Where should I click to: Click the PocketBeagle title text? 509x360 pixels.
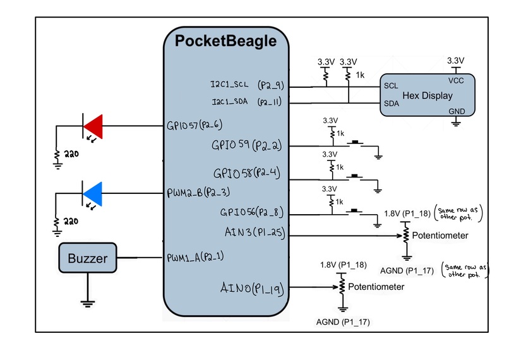pos(225,42)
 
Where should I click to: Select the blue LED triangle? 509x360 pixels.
pos(93,192)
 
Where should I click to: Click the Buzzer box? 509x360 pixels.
pos(88,258)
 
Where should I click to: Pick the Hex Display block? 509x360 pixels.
pos(428,96)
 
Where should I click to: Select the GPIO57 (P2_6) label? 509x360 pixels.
pos(195,125)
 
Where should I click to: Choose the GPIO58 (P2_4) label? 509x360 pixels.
pos(247,172)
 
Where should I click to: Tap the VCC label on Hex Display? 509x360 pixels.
pos(456,81)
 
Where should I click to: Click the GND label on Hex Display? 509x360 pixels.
pos(455,110)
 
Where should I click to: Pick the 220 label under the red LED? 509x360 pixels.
pos(68,153)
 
